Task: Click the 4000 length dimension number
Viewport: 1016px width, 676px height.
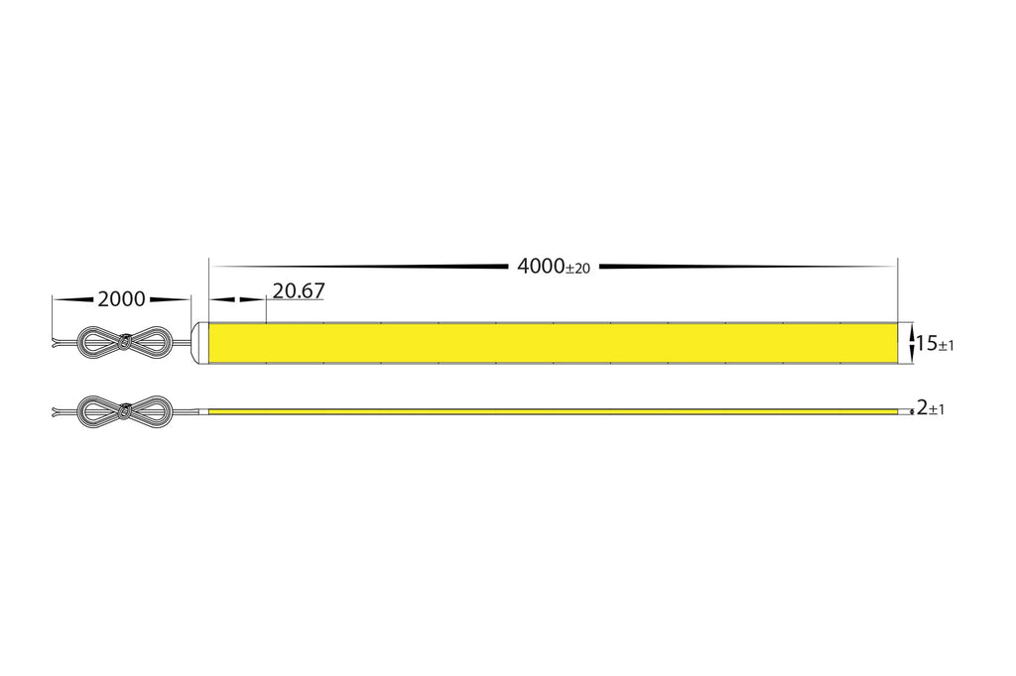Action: pyautogui.click(x=541, y=266)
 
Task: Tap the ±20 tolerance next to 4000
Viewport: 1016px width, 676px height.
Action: pyautogui.click(x=578, y=269)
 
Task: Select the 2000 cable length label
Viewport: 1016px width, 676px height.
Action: pyautogui.click(x=122, y=299)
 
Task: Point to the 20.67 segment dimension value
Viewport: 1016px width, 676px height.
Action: pyautogui.click(x=299, y=291)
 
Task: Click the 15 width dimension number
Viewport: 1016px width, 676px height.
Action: pyautogui.click(x=928, y=343)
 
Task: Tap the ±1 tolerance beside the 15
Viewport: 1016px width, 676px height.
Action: pyautogui.click(x=946, y=346)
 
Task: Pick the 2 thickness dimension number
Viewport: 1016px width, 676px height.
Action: pyautogui.click(x=922, y=408)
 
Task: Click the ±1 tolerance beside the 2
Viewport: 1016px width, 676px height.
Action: pyautogui.click(x=937, y=410)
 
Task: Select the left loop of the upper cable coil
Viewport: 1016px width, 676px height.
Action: pyautogui.click(x=98, y=342)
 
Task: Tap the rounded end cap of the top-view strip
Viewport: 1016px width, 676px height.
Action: pyautogui.click(x=201, y=343)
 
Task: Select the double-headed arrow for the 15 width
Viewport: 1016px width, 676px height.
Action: pyautogui.click(x=913, y=343)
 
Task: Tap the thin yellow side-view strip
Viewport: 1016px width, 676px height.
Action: pyautogui.click(x=552, y=411)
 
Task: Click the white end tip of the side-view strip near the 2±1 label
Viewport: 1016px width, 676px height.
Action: pyautogui.click(x=904, y=411)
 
